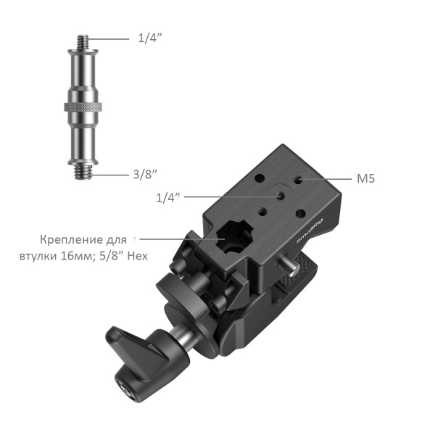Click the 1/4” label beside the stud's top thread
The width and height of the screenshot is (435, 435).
pos(150,38)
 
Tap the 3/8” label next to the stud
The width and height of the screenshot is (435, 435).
pos(145,174)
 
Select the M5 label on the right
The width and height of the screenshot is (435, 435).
pos(365,178)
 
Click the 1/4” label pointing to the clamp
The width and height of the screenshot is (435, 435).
pos(168,197)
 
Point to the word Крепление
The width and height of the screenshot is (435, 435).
pos(72,240)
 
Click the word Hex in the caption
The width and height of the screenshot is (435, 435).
pos(137,256)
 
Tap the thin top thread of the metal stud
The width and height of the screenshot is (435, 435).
pos(83,41)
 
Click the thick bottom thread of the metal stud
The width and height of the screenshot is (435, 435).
pos(83,171)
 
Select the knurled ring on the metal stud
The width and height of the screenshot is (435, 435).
pos(83,107)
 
